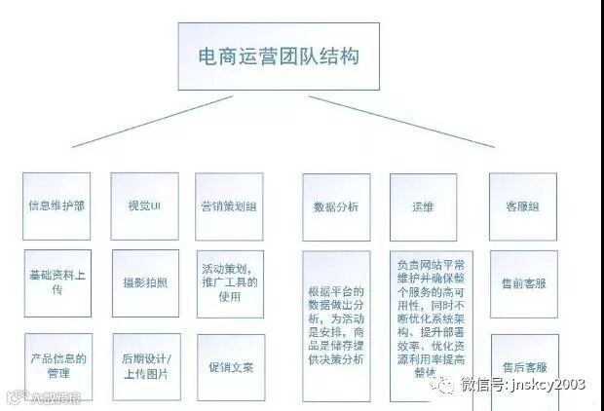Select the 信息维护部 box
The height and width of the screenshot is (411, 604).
57,206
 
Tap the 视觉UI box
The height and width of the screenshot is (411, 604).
143,206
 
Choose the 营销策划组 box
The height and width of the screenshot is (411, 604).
230,206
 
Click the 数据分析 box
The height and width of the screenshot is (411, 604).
336,206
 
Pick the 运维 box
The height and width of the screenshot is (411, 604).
423,206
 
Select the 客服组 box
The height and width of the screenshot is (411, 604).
523,206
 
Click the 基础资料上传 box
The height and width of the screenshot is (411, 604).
57,283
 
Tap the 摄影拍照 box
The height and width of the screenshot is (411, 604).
144,283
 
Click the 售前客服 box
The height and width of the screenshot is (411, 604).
523,283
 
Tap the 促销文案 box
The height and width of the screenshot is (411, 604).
231,367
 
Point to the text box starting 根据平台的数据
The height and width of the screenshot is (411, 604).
336,325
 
